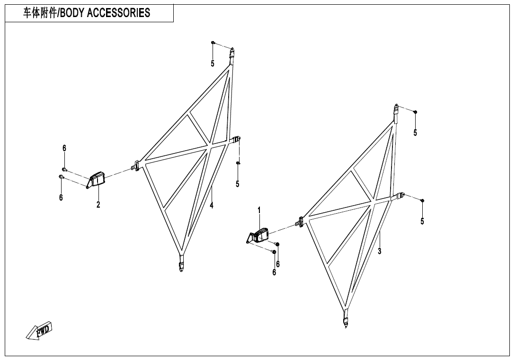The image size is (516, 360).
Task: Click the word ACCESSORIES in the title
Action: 119,13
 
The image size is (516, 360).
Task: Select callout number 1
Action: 259,209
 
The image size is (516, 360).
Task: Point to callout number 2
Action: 98,205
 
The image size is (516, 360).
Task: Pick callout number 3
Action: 379,251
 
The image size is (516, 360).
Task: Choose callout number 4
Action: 212,205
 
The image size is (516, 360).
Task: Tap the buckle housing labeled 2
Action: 98,179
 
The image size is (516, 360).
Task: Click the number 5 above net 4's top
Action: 213,63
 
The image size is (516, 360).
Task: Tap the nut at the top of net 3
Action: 415,112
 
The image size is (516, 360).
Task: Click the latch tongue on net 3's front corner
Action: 300,221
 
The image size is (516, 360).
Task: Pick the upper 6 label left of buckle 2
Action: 64,148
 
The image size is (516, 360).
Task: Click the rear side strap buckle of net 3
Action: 400,195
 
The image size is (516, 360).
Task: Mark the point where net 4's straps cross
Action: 209,147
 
